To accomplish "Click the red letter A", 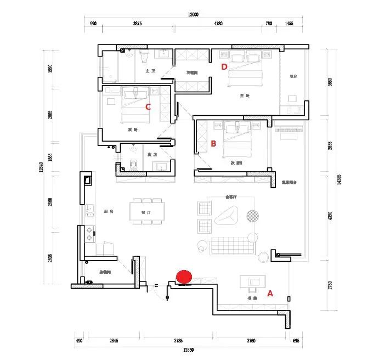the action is [x=269, y=293].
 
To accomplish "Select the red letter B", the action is [x=213, y=144].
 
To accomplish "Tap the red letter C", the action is [x=148, y=107].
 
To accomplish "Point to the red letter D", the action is [x=224, y=67].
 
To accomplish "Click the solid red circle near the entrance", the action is [x=184, y=277].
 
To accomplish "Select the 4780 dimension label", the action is [x=218, y=24].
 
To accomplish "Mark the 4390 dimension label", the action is [x=330, y=216].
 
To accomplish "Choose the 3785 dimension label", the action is [x=178, y=341].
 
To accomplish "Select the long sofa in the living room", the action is [x=233, y=246].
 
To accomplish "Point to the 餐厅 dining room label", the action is [x=146, y=211].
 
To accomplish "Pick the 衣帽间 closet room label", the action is [x=191, y=72].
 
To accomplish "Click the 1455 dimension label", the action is [x=289, y=24].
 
